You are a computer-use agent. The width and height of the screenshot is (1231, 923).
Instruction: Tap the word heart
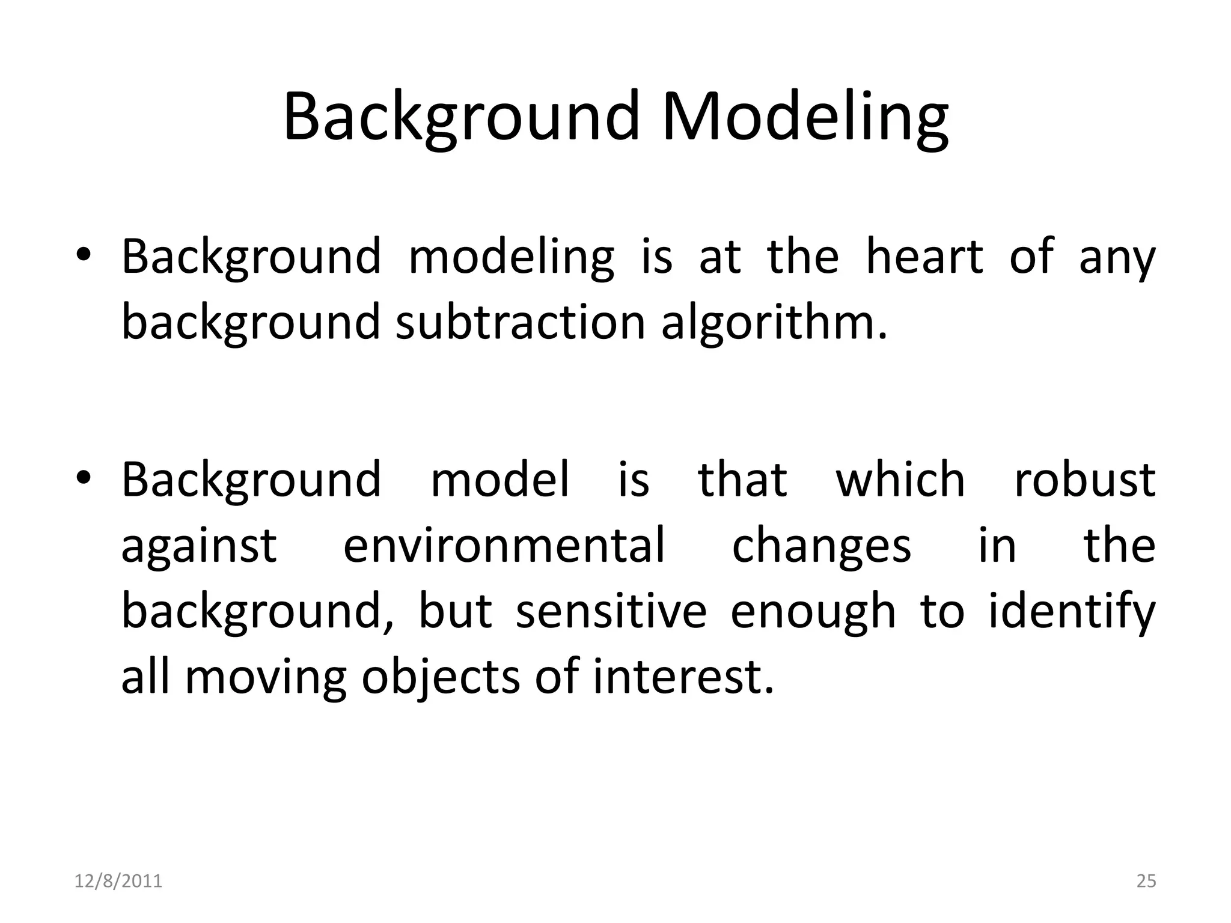coord(924,257)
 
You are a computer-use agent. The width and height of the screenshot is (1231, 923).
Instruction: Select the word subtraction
coord(521,322)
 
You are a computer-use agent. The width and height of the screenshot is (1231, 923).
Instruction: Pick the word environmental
coord(504,546)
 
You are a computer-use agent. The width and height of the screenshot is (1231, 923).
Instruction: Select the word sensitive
coord(611,611)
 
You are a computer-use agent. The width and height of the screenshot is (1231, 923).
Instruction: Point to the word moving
coord(265,678)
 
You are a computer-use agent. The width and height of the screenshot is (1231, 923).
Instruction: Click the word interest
coord(683,677)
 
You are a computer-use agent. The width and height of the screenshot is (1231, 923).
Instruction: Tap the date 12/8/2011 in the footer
coord(118,881)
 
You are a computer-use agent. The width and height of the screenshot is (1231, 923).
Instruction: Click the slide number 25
coord(1146,881)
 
